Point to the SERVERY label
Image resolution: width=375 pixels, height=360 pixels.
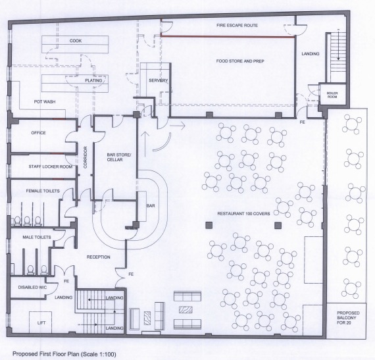point(156,80)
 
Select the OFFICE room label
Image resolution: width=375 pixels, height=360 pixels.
point(39,132)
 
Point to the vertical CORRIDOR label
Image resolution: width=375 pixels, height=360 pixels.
point(86,158)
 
